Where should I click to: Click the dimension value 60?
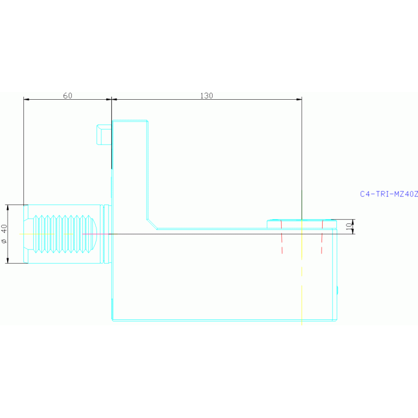coord(68,95)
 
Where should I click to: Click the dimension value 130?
coord(207,95)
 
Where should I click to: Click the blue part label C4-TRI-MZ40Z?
coord(389,193)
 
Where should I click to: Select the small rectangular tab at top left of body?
coord(104,134)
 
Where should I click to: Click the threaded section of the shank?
coord(60,234)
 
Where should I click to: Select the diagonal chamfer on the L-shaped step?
coord(152,223)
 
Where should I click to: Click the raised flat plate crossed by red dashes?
coord(301,223)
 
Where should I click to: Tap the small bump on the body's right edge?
coord(337,292)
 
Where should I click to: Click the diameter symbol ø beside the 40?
coord(4,240)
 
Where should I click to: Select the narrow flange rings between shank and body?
coord(107,234)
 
